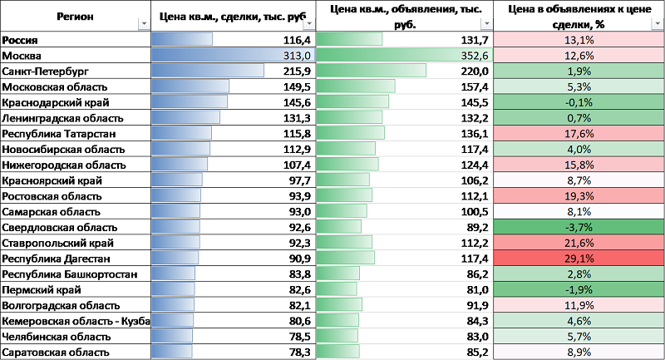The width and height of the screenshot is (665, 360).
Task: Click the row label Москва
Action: pos(22,55)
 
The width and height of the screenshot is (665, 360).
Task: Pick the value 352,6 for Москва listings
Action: pos(475,55)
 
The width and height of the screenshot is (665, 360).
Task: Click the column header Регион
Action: pos(75,16)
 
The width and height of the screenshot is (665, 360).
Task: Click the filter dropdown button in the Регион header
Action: pos(144,24)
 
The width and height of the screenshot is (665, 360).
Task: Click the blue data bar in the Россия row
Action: pos(181,39)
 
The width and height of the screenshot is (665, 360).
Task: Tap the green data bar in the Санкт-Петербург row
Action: pos(371,71)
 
